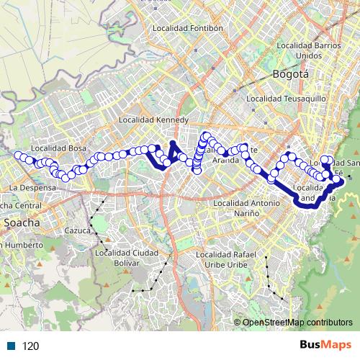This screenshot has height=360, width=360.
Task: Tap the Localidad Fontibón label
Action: click(189, 29)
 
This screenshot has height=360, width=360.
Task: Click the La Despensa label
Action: click(32, 187)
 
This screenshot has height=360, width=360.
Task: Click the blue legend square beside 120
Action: click(12, 346)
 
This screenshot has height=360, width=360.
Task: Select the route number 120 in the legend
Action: click(30, 346)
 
